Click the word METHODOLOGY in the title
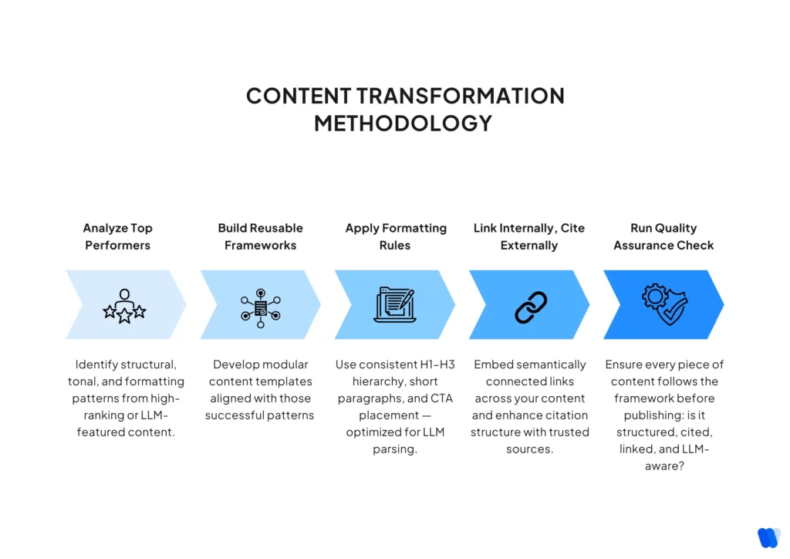[403, 123]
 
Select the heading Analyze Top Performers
[118, 236]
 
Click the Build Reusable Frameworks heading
[260, 236]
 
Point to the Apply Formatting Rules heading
[396, 236]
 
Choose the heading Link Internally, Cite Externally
[529, 236]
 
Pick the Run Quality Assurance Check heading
[663, 236]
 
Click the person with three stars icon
[124, 306]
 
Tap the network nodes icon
[260, 307]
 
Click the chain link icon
[531, 307]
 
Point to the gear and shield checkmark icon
[664, 304]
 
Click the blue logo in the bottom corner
[768, 537]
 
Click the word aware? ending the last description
[664, 466]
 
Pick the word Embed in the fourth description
[492, 364]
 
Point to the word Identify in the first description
[97, 364]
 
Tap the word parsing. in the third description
[395, 449]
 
